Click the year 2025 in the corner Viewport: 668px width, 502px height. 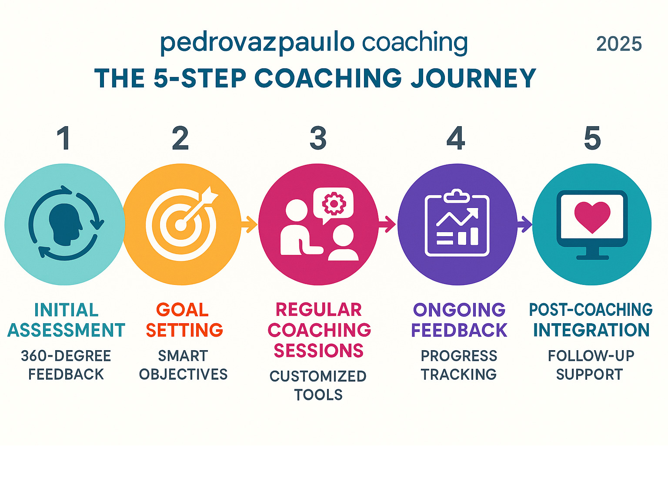(619, 44)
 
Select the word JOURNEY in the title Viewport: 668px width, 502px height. (473, 78)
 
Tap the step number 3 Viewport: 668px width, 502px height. (318, 138)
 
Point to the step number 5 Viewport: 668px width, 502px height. (592, 138)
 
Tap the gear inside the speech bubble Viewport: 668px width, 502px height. (334, 204)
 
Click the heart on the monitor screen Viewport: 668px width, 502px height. (592, 217)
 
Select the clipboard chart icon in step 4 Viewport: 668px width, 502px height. (457, 223)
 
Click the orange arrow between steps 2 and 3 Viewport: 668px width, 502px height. (249, 224)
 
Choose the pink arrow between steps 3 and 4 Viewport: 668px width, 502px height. (387, 224)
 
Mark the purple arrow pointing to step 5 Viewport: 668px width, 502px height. (524, 224)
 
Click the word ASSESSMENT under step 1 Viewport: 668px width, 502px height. (66, 330)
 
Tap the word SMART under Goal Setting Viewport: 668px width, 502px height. (183, 356)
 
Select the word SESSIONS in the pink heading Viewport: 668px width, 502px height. (319, 350)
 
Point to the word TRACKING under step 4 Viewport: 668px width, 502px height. (459, 375)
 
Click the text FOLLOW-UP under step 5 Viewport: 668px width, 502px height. (591, 355)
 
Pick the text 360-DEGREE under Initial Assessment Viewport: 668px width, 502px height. (66, 356)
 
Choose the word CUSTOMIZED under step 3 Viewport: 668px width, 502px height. (318, 376)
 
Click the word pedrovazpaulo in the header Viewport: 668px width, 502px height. (257, 44)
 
